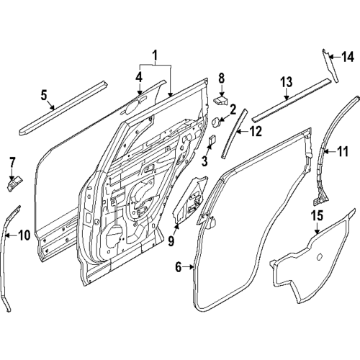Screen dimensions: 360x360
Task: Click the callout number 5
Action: pyautogui.click(x=44, y=94)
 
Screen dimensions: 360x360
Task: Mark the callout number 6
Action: pyautogui.click(x=178, y=268)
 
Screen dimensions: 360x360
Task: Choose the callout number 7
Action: pyautogui.click(x=12, y=161)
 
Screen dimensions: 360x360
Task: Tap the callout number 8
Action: pyautogui.click(x=222, y=77)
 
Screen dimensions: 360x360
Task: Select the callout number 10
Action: pyautogui.click(x=23, y=234)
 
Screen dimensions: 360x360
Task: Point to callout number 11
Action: pyautogui.click(x=343, y=151)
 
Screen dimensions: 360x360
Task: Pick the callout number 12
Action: pyautogui.click(x=255, y=131)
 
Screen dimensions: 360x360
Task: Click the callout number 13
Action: pyautogui.click(x=286, y=82)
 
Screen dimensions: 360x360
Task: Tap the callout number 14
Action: pyautogui.click(x=348, y=56)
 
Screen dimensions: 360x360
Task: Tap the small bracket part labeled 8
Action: pyautogui.click(x=223, y=99)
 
